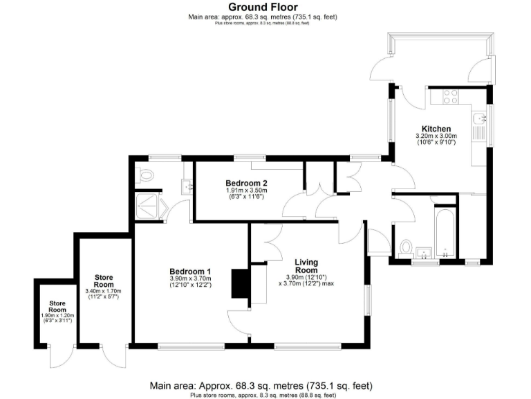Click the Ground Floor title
(263, 7)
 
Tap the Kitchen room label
(437, 129)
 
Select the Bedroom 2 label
(246, 183)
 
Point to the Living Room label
(306, 266)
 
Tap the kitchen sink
(480, 125)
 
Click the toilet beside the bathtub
(406, 246)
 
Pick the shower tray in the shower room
(148, 202)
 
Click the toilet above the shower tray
(145, 175)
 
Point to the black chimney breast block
(240, 284)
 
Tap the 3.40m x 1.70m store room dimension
(104, 292)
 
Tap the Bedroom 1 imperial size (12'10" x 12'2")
(191, 285)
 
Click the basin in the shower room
(187, 185)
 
